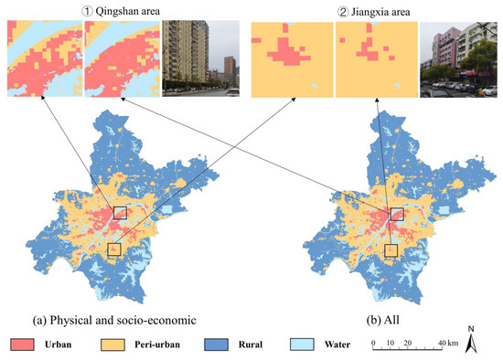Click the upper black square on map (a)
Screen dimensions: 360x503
coord(120,213)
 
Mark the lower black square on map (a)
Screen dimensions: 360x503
coord(114,249)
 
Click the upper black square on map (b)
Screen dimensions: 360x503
coord(396,213)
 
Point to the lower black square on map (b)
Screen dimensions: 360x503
coord(391,249)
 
